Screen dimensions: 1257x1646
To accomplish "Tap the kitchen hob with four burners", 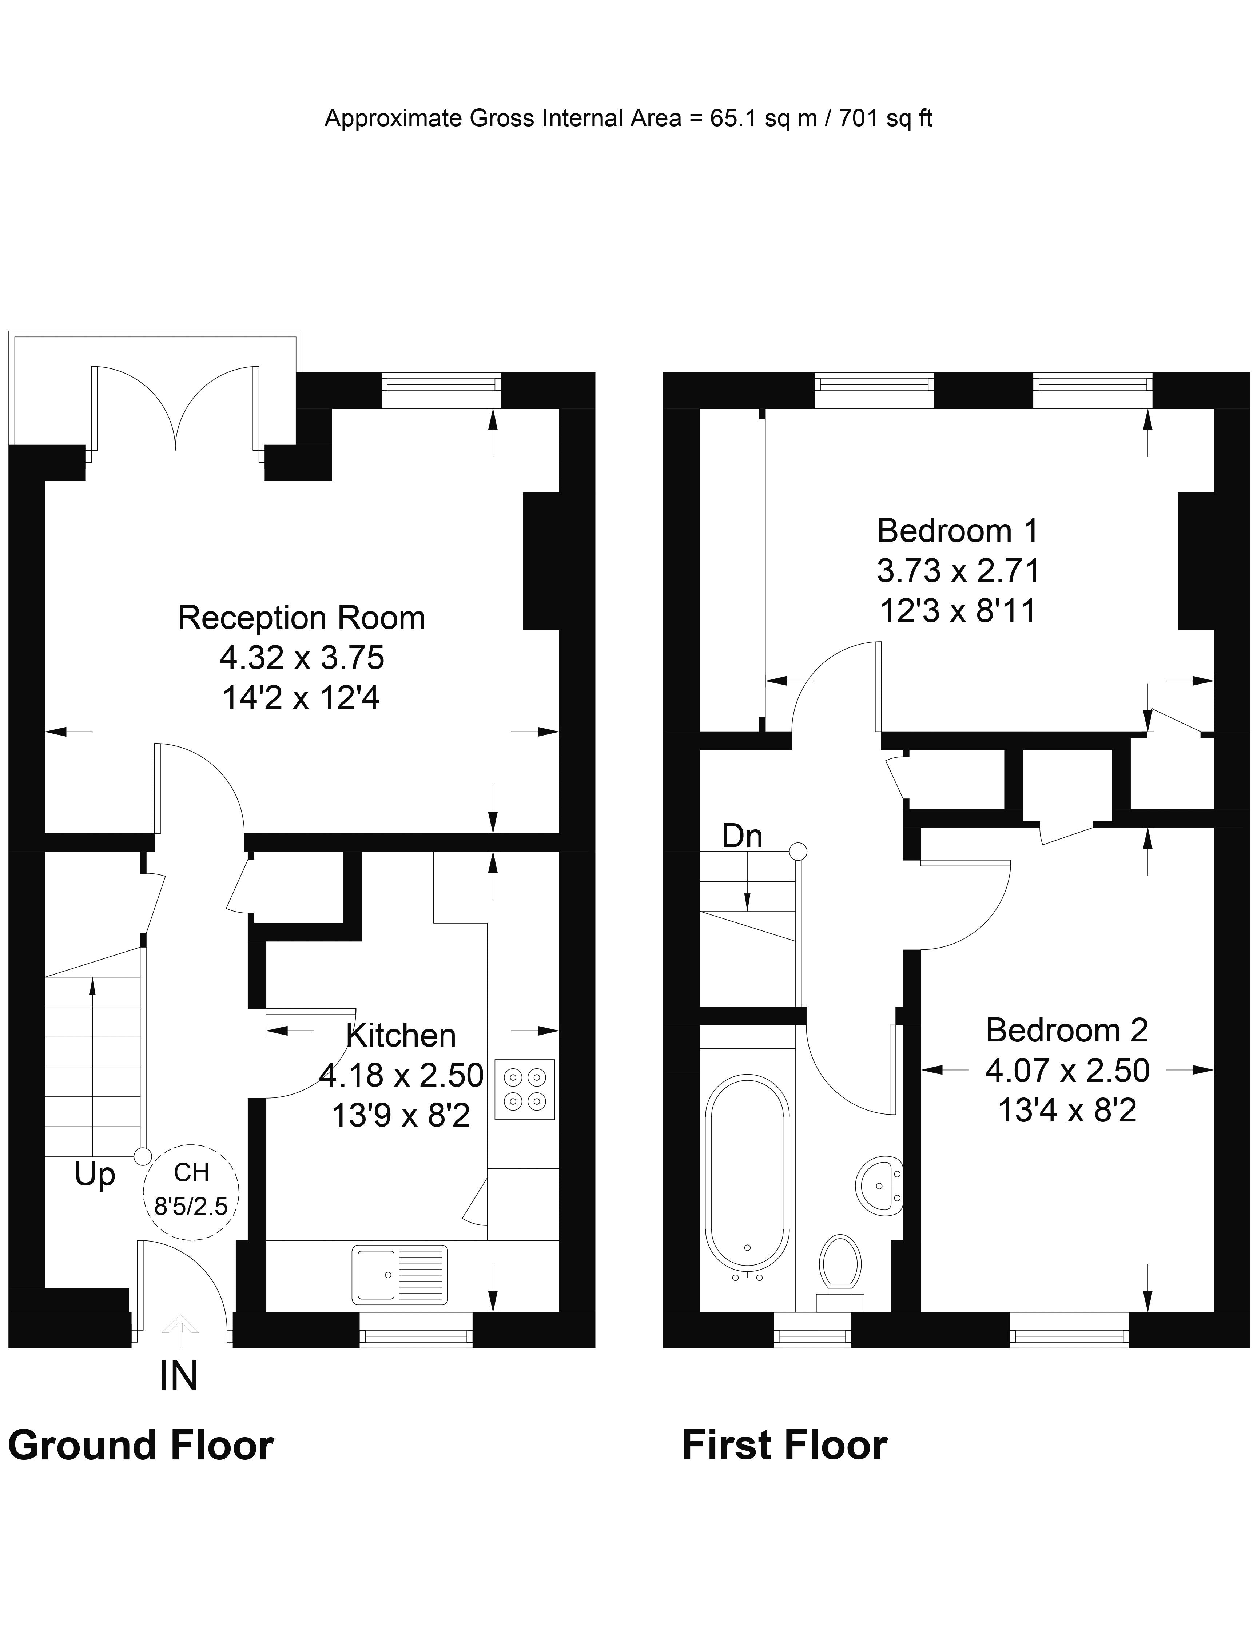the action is [x=525, y=1089].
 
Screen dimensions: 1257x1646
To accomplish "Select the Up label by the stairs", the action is [x=95, y=1175].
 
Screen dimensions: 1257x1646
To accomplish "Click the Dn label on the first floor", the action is [x=742, y=837].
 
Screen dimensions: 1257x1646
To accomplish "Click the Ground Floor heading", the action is [x=141, y=1446].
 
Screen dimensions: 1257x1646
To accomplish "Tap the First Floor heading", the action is [x=785, y=1446].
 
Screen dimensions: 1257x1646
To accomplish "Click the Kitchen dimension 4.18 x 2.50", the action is [x=402, y=1075].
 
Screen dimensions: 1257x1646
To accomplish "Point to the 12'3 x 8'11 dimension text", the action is [x=958, y=611].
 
